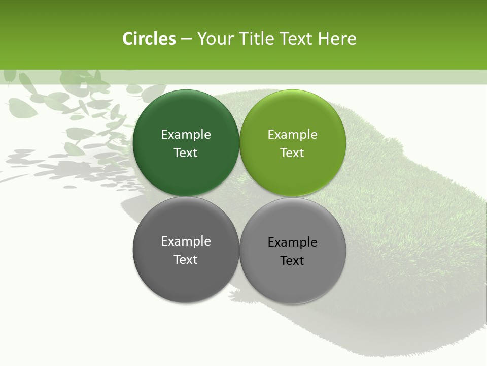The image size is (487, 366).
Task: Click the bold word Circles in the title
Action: click(149, 39)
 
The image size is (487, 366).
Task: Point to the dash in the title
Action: click(186, 39)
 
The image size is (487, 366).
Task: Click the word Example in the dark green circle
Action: click(186, 134)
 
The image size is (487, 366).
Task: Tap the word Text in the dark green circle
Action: click(186, 152)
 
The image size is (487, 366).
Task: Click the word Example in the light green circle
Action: click(293, 134)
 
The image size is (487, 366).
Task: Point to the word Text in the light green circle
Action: click(293, 152)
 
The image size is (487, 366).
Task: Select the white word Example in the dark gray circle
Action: click(186, 241)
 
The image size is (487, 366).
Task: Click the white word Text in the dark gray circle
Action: click(186, 259)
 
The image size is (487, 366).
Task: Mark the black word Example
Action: click(293, 242)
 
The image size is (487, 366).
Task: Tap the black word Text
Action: click(293, 260)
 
